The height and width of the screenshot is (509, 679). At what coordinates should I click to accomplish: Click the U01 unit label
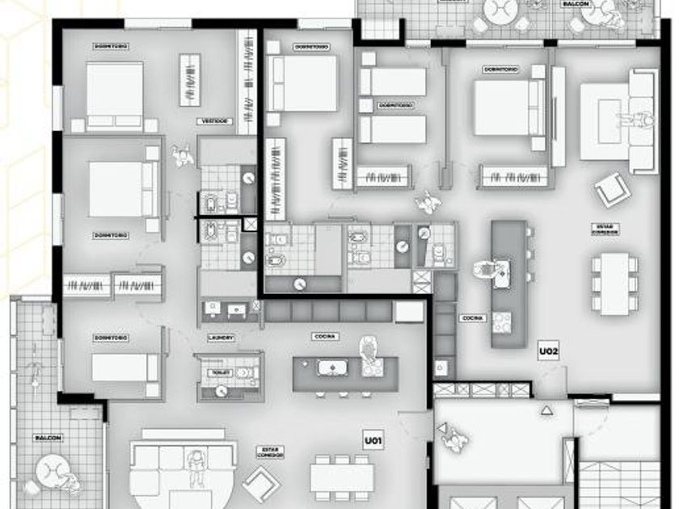point(373,441)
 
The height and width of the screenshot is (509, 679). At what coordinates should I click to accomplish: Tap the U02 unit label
point(550,351)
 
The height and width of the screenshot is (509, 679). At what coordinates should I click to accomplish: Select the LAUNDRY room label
point(221,337)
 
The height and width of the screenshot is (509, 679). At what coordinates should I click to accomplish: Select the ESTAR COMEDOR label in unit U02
point(609,229)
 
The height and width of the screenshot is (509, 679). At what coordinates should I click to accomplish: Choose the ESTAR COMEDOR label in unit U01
point(270,452)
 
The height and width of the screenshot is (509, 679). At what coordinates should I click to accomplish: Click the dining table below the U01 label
point(340,477)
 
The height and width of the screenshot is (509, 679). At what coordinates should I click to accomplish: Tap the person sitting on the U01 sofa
point(194,465)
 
